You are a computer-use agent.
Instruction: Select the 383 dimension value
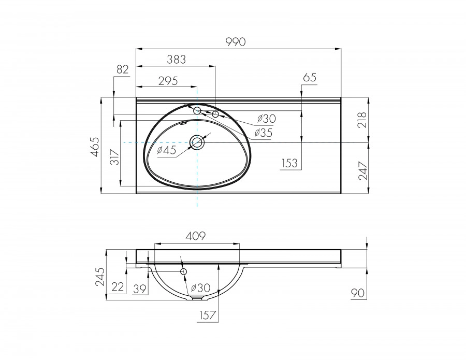point(176,60)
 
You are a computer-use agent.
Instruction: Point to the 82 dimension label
point(122,70)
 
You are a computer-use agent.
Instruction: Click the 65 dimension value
point(310,78)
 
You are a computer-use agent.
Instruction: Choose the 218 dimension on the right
point(361,121)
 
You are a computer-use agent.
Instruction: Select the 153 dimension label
point(289,163)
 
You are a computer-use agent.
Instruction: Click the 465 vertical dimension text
point(94,148)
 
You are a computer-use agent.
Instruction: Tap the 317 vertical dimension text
point(114,156)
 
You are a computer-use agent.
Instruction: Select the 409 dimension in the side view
point(196,236)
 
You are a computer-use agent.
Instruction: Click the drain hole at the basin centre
point(197,142)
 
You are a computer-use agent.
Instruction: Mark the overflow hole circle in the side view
point(183,271)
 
